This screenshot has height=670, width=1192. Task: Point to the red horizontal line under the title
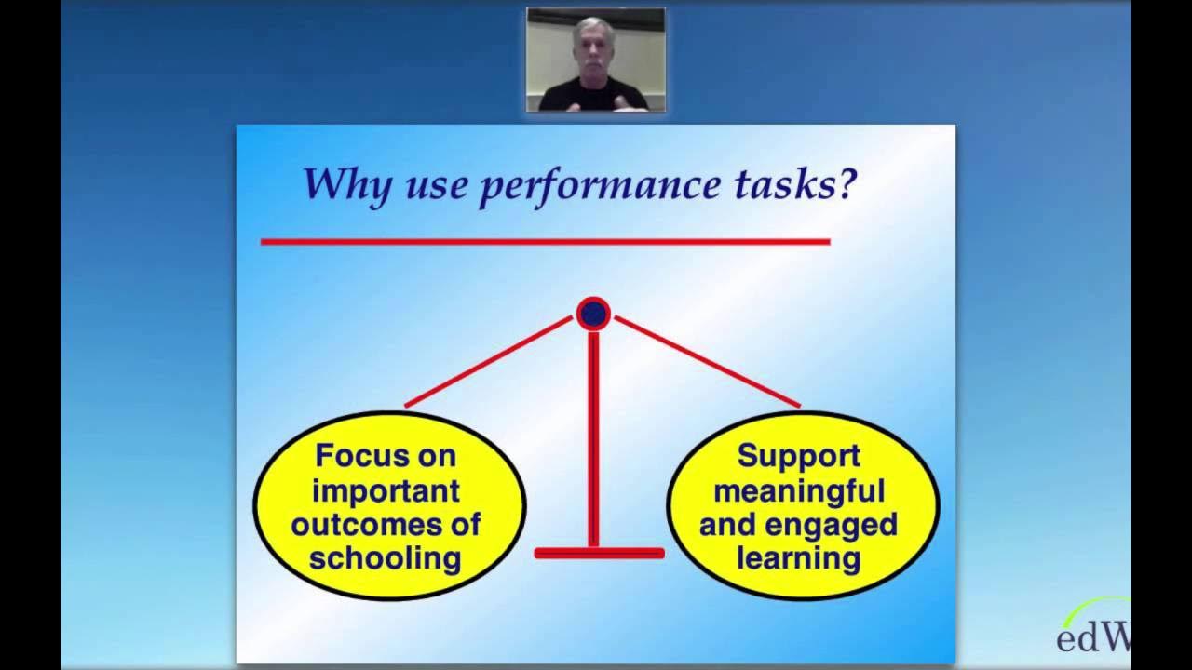click(545, 241)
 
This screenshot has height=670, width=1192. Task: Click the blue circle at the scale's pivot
click(593, 314)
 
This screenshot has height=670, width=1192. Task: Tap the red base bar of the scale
click(599, 553)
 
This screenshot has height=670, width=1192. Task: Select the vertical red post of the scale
click(593, 437)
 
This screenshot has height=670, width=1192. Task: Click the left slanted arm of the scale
click(489, 361)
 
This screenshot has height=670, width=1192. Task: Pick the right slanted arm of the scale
click(707, 361)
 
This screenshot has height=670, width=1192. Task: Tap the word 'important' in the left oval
click(386, 489)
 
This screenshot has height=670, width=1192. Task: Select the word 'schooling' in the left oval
click(386, 557)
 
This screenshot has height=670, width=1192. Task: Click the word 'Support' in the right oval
click(798, 455)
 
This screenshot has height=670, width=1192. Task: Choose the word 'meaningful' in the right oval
click(798, 489)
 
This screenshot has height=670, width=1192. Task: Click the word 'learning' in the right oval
click(798, 557)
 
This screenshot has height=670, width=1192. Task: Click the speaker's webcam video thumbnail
click(595, 60)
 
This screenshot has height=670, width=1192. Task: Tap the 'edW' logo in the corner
click(1093, 636)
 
